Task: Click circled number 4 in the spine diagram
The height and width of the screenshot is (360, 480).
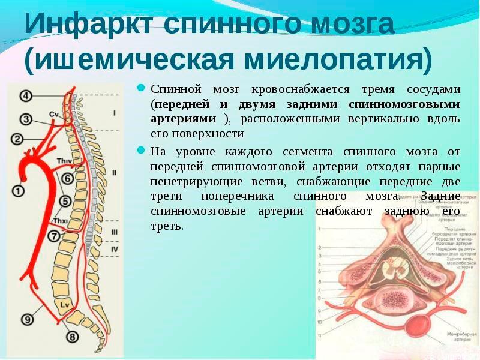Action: [x=26, y=95]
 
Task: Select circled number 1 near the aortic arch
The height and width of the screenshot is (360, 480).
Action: [x=19, y=191]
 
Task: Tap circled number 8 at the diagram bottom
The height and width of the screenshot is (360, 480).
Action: [x=72, y=337]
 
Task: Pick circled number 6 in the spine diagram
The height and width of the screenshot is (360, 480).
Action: [x=67, y=178]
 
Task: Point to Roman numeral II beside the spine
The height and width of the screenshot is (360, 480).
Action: [x=113, y=172]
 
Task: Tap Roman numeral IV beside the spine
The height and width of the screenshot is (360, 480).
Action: [x=114, y=248]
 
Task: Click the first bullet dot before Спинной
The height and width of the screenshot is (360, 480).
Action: [x=141, y=88]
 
